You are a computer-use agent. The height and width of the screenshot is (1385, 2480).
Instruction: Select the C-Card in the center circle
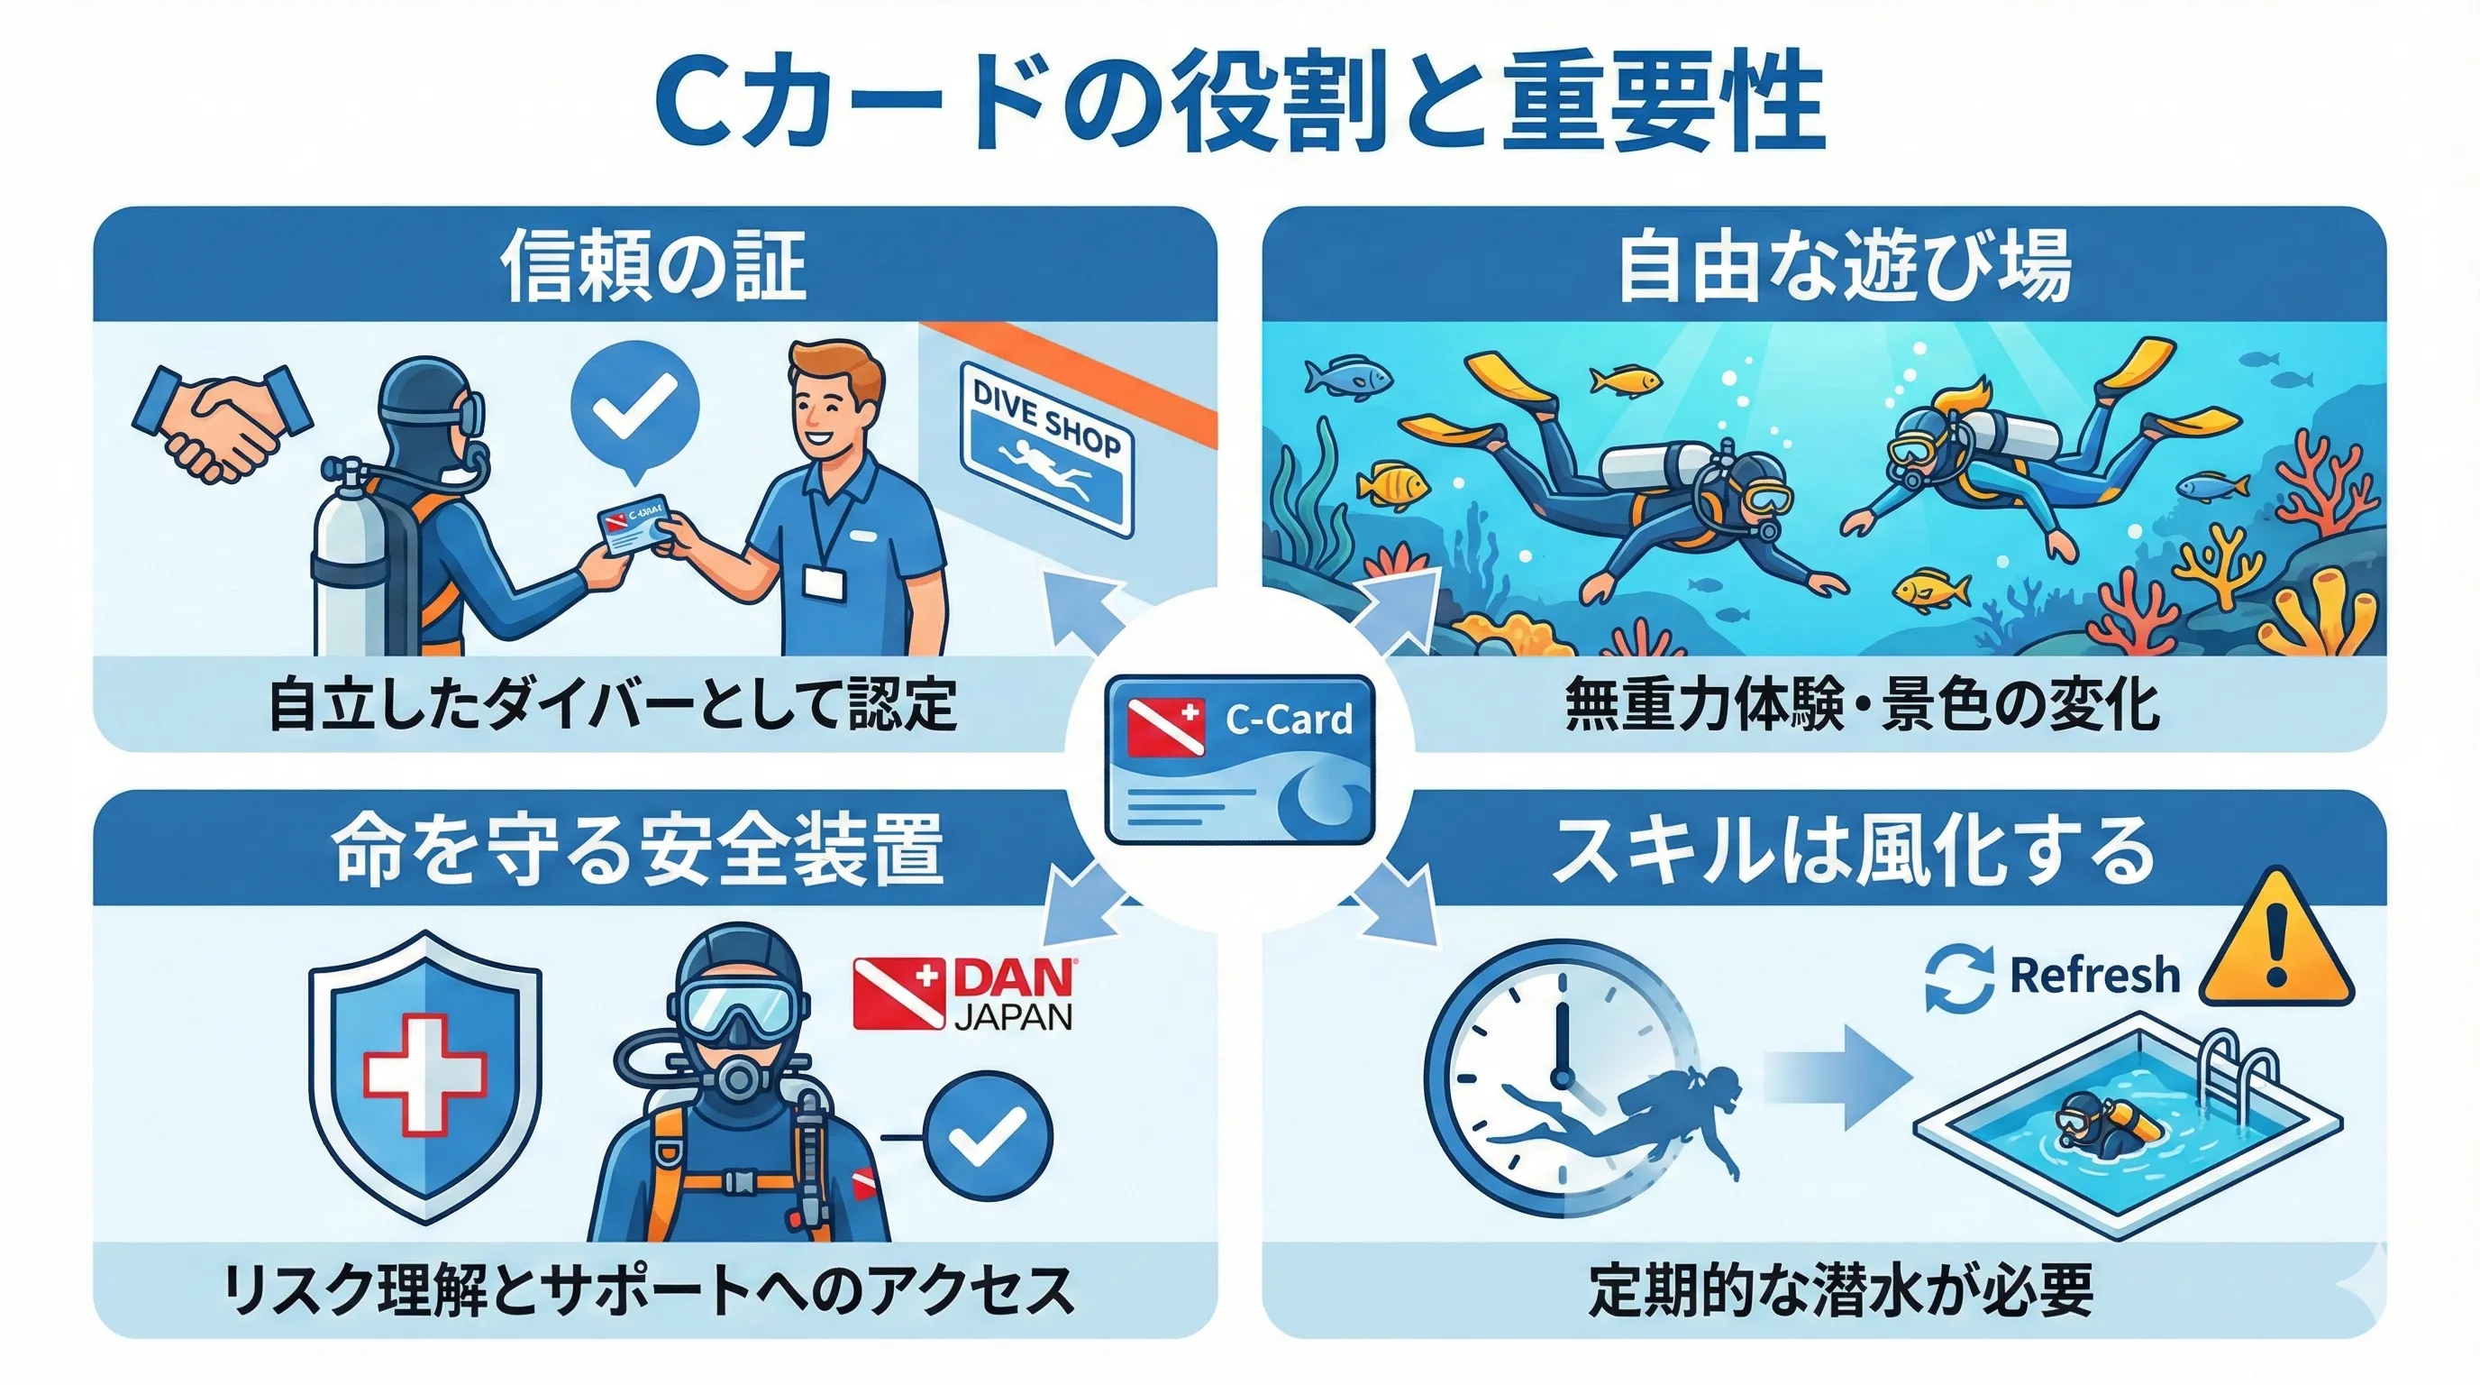(1240, 760)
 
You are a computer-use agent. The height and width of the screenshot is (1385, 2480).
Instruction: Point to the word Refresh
(2094, 975)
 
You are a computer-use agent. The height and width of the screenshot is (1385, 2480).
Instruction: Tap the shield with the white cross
(424, 1075)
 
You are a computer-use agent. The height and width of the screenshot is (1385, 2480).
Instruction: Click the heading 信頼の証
(653, 265)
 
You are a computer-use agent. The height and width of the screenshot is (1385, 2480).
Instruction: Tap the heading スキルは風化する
(1854, 850)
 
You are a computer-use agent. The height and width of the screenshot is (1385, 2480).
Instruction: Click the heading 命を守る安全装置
(637, 850)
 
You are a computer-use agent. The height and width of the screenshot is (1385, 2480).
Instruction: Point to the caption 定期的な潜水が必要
(1841, 1289)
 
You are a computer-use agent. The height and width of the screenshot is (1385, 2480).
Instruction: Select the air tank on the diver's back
(350, 559)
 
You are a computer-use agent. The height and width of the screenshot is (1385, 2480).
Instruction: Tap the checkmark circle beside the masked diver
(987, 1135)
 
